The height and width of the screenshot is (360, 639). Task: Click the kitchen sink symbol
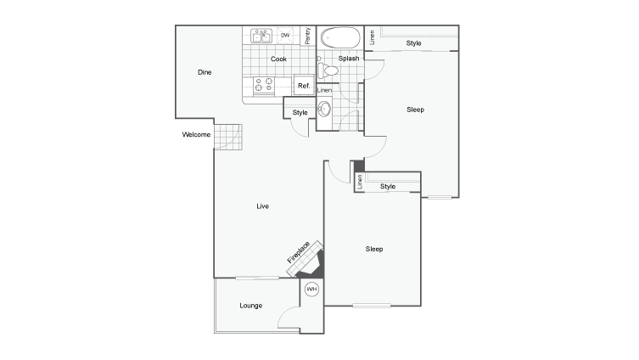[261, 37]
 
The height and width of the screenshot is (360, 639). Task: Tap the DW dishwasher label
[285, 36]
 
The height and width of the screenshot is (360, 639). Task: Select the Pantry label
[307, 37]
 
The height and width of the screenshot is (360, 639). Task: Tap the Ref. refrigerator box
[303, 86]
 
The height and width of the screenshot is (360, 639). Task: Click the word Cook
[278, 59]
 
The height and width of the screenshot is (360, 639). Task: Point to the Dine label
[204, 72]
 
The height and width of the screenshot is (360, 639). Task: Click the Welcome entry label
[195, 135]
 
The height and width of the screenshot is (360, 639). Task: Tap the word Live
[263, 205]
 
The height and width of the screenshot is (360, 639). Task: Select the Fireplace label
[298, 250]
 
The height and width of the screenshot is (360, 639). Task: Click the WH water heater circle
[311, 290]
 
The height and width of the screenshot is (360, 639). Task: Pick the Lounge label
[250, 305]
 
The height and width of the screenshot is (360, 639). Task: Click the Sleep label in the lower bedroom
[374, 249]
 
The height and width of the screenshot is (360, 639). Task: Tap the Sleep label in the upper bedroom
[415, 110]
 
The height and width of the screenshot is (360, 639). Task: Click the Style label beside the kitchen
[300, 113]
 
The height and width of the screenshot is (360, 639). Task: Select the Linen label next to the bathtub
[372, 38]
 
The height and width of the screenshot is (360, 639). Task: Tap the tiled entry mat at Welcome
[227, 136]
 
